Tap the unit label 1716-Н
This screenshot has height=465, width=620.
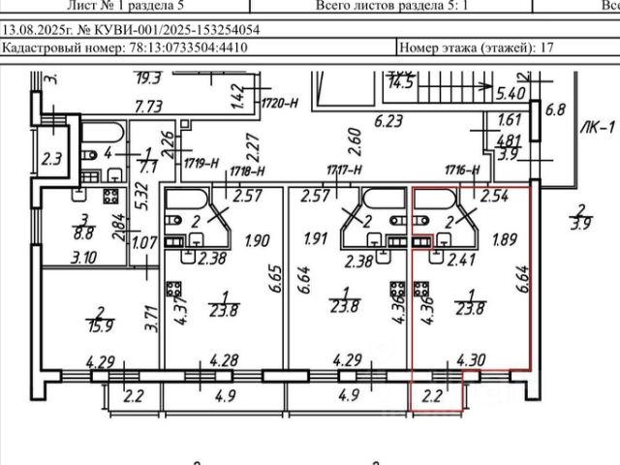point(463,170)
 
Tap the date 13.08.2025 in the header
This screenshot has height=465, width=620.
point(38,29)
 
